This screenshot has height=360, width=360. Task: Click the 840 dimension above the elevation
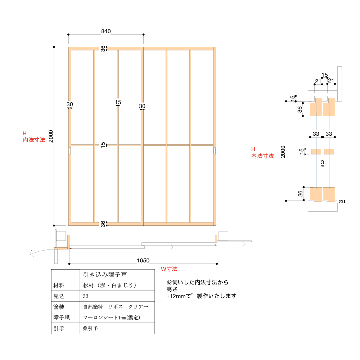click(106, 31)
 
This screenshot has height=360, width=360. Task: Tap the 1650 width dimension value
click(143, 260)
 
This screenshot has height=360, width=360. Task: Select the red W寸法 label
click(169, 269)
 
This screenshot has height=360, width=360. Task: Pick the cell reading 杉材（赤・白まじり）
click(109, 285)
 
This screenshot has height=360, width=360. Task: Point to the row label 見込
click(59, 296)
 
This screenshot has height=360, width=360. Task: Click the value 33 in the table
click(86, 296)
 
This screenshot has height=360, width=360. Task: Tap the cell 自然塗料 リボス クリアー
click(116, 307)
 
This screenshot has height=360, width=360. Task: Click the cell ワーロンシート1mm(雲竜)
click(111, 318)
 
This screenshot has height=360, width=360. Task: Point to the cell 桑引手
click(90, 328)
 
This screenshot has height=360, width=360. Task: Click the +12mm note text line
click(201, 296)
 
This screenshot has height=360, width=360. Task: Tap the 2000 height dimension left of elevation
click(51, 136)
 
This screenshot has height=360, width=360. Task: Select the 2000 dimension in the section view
click(283, 151)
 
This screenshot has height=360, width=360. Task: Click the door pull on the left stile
click(70, 150)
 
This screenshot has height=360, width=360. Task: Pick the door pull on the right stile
click(214, 150)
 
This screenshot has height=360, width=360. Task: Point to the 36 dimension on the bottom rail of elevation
click(103, 224)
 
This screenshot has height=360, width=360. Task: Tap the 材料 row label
click(59, 285)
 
